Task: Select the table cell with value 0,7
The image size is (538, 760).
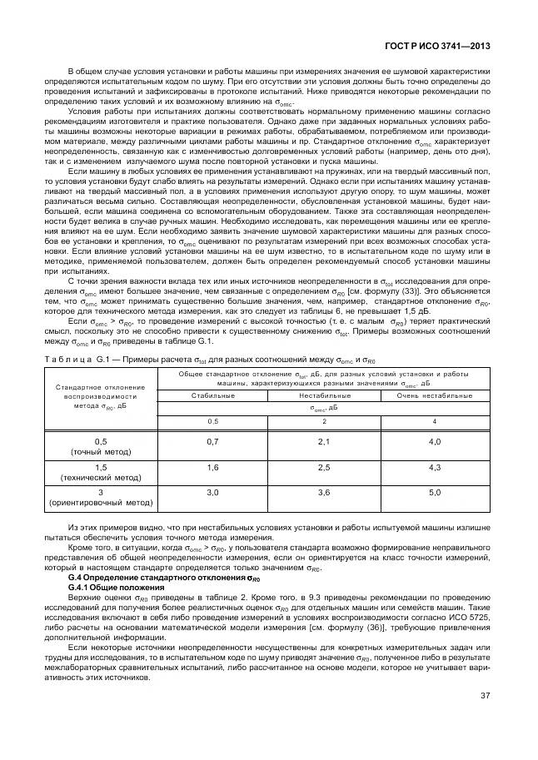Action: pyautogui.click(x=212, y=440)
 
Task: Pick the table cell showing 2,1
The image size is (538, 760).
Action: pyautogui.click(x=324, y=440)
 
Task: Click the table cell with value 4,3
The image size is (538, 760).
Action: pyautogui.click(x=435, y=469)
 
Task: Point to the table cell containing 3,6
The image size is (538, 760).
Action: pyautogui.click(x=324, y=494)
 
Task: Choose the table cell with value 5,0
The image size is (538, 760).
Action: pyautogui.click(x=435, y=494)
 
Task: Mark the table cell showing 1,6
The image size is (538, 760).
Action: pyautogui.click(x=212, y=469)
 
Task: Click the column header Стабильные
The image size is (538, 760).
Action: pyautogui.click(x=212, y=395)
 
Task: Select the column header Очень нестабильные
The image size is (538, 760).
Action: pyautogui.click(x=435, y=395)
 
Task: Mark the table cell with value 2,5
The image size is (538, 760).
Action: pyautogui.click(x=324, y=469)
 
